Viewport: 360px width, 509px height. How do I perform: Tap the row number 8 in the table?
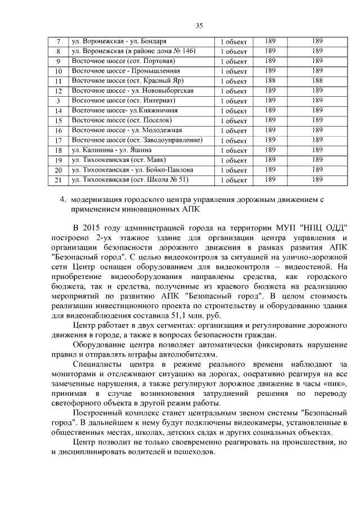click(58, 52)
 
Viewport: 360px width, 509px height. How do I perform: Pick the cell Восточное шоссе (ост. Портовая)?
click(124, 61)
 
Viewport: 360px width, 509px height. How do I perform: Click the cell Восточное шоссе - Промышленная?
click(126, 71)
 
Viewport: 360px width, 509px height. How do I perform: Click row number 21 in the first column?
click(58, 180)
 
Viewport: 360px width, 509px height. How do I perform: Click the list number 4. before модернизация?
click(63, 199)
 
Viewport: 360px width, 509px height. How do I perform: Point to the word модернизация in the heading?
click(100, 199)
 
